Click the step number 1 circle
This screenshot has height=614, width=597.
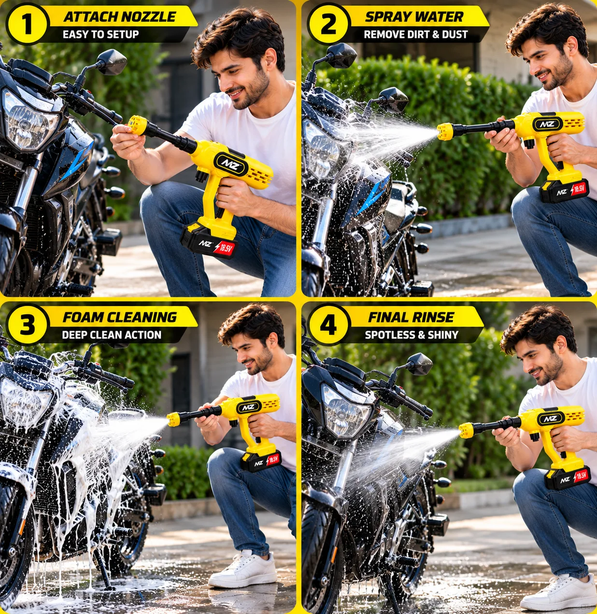click(x=28, y=24)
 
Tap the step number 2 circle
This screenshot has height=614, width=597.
click(x=328, y=24)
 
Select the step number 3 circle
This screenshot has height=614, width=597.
click(x=28, y=325)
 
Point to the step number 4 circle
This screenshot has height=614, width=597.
click(x=328, y=325)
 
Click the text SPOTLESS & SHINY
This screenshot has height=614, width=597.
click(x=412, y=335)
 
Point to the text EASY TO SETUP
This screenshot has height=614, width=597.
click(x=101, y=34)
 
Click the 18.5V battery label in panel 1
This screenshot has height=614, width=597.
click(x=225, y=248)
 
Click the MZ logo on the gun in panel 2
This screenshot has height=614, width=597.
click(x=547, y=125)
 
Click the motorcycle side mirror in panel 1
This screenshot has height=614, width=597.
click(x=112, y=62)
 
